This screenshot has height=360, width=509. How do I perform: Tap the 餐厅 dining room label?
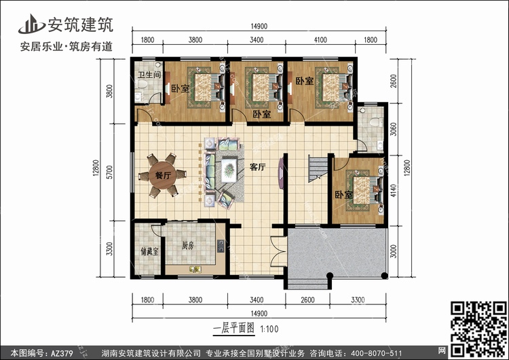pyautogui.click(x=163, y=174)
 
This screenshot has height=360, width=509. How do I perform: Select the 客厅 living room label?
pyautogui.click(x=257, y=166)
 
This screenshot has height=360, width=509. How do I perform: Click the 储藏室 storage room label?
pyautogui.click(x=149, y=251)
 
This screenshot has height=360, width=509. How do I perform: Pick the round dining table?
pyautogui.click(x=162, y=176)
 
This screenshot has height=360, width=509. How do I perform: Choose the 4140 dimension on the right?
pyautogui.click(x=395, y=192)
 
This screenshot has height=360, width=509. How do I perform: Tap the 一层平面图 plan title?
pyautogui.click(x=233, y=327)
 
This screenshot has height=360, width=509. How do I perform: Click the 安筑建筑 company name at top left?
pyautogui.click(x=79, y=24)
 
